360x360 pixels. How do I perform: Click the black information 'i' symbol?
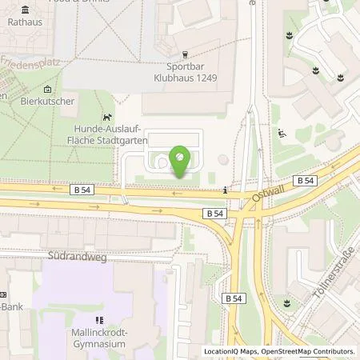tap(225, 190)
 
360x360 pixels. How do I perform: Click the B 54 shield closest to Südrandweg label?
tap(214, 214)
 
